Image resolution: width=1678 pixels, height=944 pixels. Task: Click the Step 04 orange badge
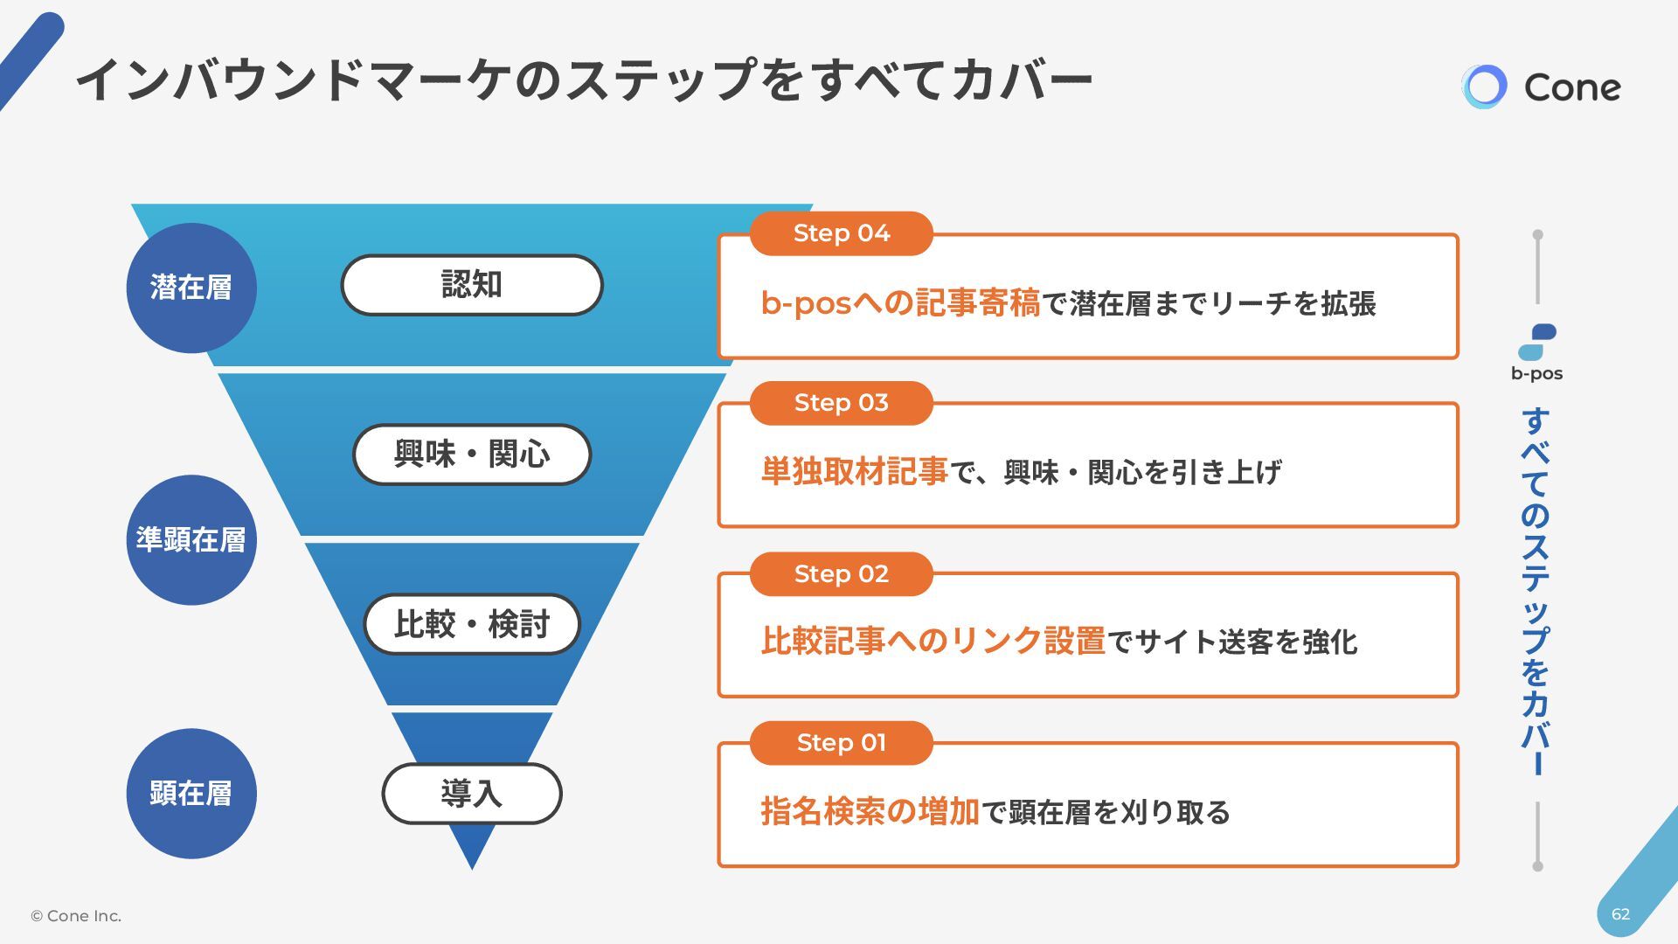click(841, 233)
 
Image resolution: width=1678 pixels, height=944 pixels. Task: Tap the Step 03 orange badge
click(841, 403)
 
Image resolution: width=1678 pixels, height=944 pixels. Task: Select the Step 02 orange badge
click(841, 574)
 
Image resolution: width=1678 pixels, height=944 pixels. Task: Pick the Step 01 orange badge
click(841, 743)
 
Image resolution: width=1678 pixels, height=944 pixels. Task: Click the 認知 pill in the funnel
click(472, 285)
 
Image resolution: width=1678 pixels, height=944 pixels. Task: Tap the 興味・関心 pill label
click(472, 455)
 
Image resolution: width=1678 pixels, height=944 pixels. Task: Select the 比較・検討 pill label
click(472, 624)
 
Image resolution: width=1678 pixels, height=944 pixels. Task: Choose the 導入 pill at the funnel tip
click(472, 794)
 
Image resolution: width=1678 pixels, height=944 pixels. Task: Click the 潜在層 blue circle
click(191, 288)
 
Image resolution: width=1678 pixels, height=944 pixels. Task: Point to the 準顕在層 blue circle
click(191, 540)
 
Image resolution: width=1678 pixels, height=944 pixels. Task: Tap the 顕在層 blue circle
click(191, 794)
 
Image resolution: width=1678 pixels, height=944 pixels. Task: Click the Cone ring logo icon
click(1484, 87)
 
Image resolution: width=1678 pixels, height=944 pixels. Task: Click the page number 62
click(1620, 914)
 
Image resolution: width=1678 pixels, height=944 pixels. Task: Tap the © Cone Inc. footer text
click(76, 916)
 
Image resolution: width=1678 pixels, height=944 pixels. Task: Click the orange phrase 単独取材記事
click(854, 472)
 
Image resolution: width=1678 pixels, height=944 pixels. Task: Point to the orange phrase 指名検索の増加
click(870, 812)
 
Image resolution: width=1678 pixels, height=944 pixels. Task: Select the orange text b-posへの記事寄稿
click(900, 303)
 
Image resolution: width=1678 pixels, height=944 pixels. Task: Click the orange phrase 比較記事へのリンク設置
click(933, 642)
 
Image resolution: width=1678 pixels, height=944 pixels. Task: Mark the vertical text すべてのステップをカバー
click(1536, 592)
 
